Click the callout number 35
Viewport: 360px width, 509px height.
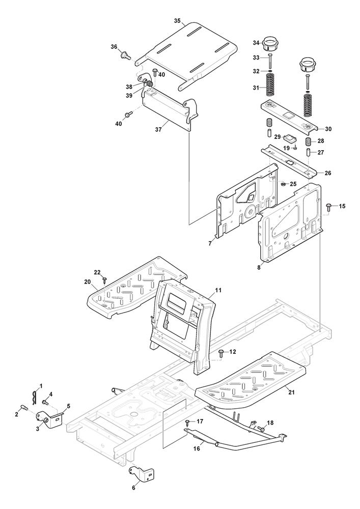click(x=177, y=21)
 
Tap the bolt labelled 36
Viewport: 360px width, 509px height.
click(x=124, y=54)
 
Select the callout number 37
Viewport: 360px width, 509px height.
click(x=158, y=130)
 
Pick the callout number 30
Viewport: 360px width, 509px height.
click(x=327, y=129)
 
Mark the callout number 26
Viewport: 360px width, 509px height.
click(x=327, y=173)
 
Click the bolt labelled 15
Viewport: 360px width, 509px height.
click(x=329, y=206)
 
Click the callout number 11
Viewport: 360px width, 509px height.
click(x=218, y=290)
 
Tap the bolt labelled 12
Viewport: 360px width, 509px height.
click(x=221, y=352)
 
